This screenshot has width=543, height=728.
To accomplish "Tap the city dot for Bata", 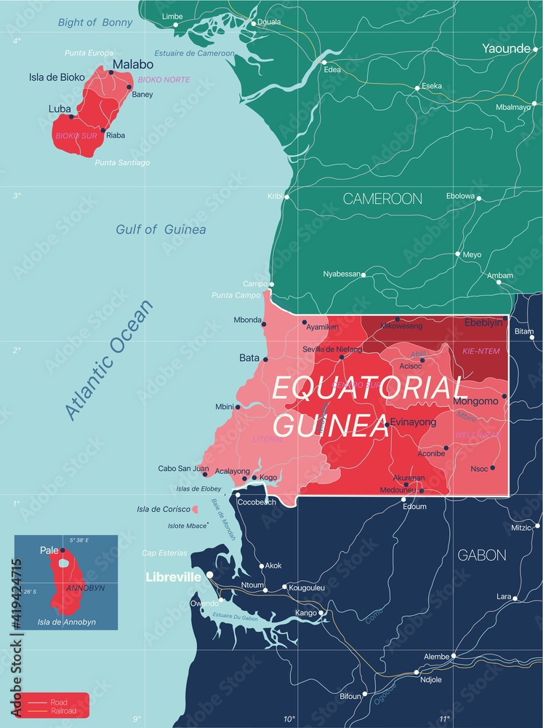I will tap(265, 359).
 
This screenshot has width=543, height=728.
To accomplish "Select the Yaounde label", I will tap(506, 49).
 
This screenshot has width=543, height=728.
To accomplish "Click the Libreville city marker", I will tap(209, 575).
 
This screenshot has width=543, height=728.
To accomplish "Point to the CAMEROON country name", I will tap(382, 198).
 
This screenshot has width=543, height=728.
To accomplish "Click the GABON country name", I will tap(481, 555).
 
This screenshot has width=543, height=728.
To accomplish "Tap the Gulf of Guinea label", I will tap(161, 229).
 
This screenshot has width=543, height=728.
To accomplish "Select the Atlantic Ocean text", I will tap(110, 360).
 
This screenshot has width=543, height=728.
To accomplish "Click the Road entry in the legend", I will tap(59, 702).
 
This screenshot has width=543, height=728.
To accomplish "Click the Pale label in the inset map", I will tap(49, 550).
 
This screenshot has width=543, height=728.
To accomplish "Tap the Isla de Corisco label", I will tap(164, 508).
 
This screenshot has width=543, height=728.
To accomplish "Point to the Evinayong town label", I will tap(413, 422).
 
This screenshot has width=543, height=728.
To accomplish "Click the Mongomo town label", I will tap(475, 401).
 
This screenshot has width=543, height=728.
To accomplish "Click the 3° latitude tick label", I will tap(17, 195).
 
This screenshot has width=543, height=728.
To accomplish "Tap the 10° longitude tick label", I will tap(289, 719).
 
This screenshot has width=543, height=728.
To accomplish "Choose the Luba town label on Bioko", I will tap(60, 108).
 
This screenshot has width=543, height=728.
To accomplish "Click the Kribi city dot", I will tap(286, 197).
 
